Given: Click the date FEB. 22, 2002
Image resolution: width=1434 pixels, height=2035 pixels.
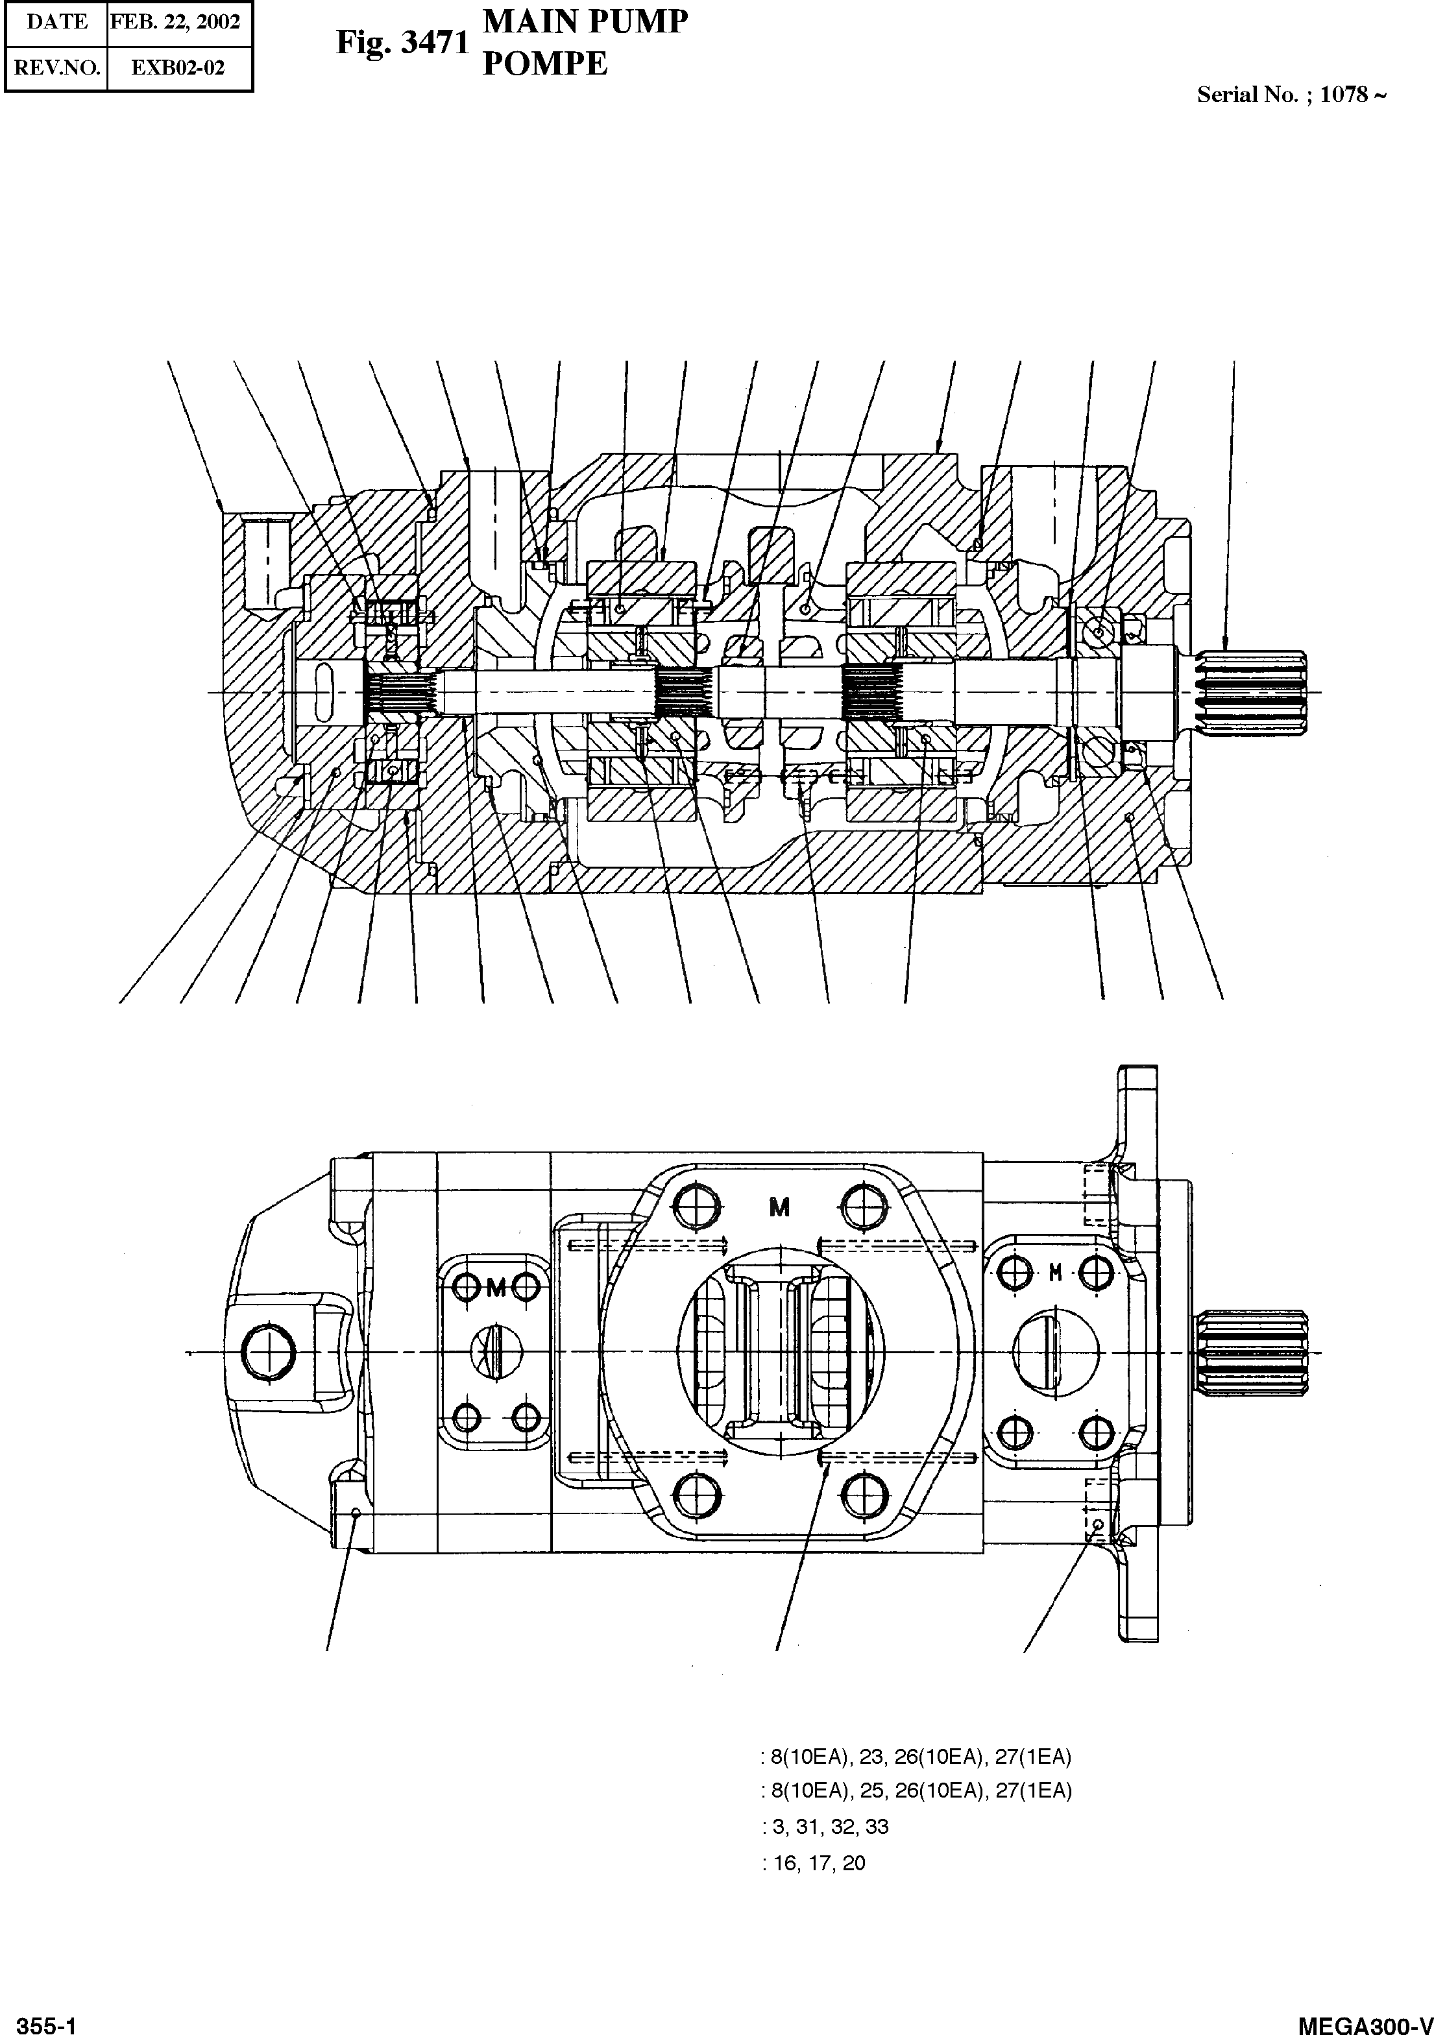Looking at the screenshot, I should pos(175,22).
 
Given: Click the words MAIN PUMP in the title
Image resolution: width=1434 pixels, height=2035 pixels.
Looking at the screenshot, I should pos(585,21).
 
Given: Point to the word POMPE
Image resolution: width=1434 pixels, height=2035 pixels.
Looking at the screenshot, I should pos(544,64).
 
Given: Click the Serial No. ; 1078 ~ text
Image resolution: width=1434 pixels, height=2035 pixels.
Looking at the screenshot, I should pos(1291,95).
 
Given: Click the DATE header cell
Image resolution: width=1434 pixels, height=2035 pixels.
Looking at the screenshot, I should pos(56,22).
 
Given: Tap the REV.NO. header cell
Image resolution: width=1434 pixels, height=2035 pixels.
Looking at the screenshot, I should pos(56,68).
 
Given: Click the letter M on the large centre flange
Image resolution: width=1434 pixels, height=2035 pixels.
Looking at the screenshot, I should pos(779,1207).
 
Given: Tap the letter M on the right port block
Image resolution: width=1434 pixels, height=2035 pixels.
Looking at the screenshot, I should pos(1054,1273).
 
